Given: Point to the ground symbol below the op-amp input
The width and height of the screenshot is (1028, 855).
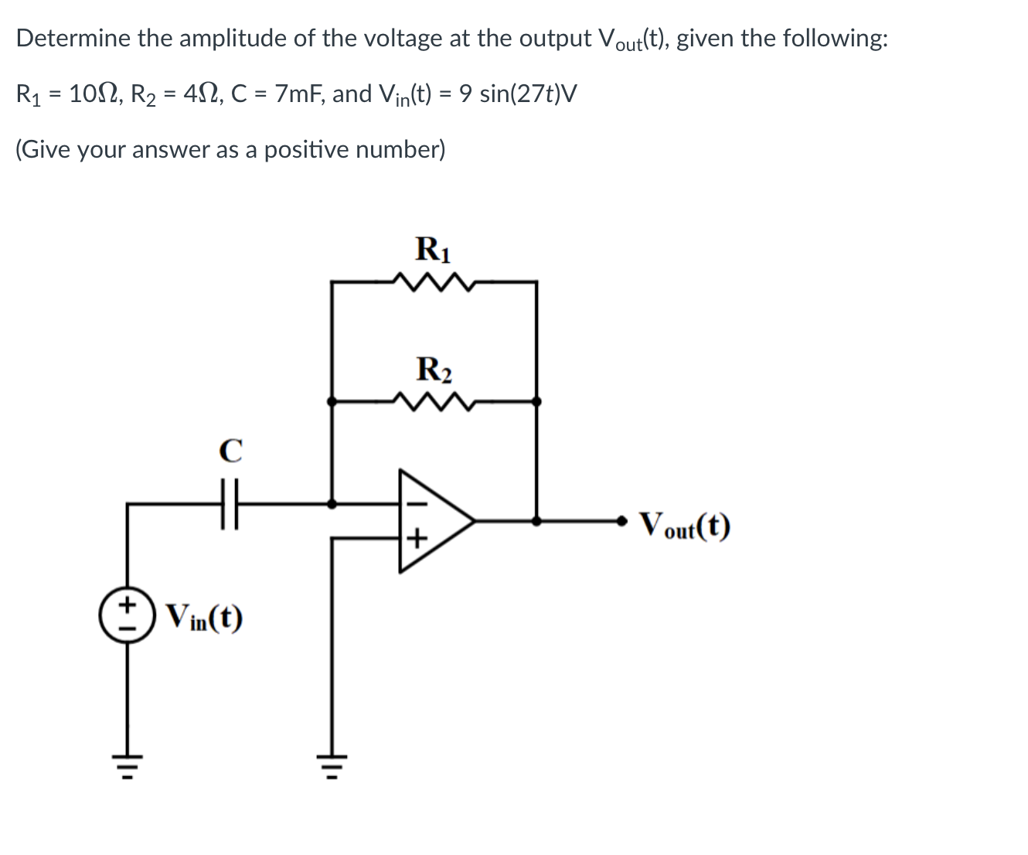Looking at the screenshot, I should [332, 765].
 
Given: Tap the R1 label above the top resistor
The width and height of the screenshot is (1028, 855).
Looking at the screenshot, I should [434, 249].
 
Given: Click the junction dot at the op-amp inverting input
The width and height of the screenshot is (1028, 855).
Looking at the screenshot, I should [332, 503].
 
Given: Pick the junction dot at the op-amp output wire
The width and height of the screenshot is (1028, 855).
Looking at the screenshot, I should [536, 521].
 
